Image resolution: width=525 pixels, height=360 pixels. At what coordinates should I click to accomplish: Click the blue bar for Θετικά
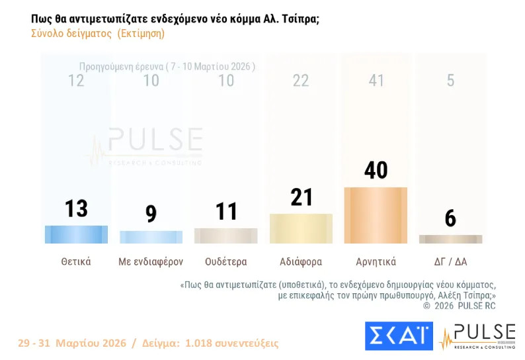76,234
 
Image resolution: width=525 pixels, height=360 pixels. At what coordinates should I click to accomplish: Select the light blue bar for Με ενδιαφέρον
151,237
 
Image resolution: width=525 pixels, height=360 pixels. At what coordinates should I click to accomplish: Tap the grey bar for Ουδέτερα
225,236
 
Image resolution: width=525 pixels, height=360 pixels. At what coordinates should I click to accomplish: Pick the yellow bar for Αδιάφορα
301,228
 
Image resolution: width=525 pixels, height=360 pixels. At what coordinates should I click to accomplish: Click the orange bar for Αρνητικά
376,215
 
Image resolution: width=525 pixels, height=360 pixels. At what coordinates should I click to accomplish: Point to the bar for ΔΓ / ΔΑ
450,239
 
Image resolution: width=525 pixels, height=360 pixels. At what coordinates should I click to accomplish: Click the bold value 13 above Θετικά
76,208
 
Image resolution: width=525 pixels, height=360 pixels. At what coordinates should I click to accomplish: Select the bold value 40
376,169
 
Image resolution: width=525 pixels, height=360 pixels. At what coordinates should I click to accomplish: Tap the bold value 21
301,197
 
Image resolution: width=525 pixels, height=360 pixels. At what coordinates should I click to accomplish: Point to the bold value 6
450,218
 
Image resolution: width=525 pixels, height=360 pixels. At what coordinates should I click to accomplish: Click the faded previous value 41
376,81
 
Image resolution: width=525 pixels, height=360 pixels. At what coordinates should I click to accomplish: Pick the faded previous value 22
301,81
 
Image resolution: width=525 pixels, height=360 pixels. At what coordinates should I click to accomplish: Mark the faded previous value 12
76,81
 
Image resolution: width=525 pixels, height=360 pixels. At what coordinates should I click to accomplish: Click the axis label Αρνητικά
376,261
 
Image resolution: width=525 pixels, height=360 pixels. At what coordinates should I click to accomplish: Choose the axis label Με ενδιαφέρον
151,261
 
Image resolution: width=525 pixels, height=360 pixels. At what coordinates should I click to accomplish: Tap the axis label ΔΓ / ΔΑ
450,261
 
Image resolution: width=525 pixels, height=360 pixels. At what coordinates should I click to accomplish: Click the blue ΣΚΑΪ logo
399,336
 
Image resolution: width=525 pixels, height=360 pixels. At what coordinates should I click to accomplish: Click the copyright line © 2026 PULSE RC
459,306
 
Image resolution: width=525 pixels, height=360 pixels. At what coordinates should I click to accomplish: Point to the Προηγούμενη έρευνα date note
167,67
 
